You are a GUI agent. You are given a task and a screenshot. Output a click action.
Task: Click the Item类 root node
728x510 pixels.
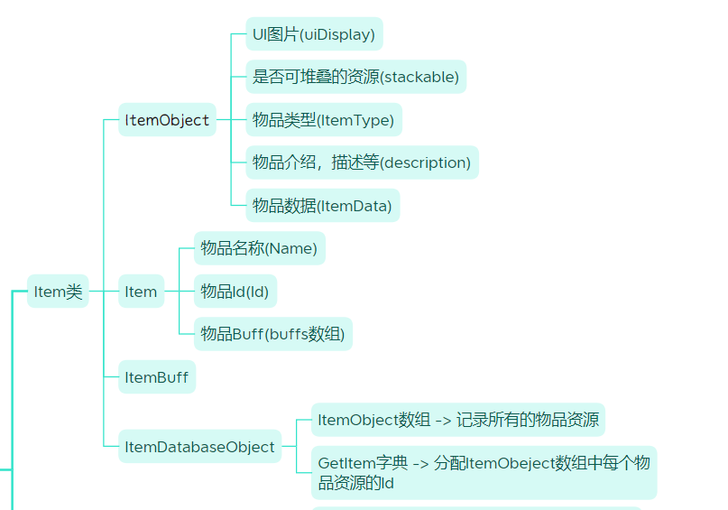pyautogui.click(x=58, y=292)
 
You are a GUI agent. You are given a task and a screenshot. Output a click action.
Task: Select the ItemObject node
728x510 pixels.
pyautogui.click(x=167, y=120)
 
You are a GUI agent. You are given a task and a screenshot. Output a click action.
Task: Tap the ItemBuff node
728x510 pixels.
pyautogui.click(x=157, y=377)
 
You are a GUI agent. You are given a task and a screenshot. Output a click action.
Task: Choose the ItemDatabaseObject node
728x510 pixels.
pyautogui.click(x=199, y=447)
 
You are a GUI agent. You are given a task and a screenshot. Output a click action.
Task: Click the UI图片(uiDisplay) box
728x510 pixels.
pyautogui.click(x=314, y=34)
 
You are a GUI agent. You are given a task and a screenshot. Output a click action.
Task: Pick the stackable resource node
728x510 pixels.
pyautogui.click(x=355, y=78)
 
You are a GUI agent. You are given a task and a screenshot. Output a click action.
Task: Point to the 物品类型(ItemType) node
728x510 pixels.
pyautogui.click(x=323, y=120)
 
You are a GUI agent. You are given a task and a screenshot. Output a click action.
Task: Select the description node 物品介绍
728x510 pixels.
pyautogui.click(x=362, y=163)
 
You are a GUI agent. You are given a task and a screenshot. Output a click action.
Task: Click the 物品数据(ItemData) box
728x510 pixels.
pyautogui.click(x=322, y=206)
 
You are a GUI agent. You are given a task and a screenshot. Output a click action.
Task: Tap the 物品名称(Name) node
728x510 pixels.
pyautogui.click(x=259, y=248)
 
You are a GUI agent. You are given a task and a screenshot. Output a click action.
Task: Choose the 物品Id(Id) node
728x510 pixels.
pyautogui.click(x=235, y=292)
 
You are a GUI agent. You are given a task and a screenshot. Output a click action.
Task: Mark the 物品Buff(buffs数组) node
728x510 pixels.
pyautogui.click(x=272, y=334)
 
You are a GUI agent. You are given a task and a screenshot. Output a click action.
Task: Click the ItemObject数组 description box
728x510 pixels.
pyautogui.click(x=457, y=420)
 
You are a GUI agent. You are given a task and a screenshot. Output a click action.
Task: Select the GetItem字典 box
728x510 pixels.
pyautogui.click(x=484, y=472)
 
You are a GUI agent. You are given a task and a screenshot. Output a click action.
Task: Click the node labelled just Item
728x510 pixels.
pyautogui.click(x=141, y=292)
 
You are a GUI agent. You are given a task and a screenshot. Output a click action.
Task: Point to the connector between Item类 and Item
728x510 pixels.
pyautogui.click(x=104, y=292)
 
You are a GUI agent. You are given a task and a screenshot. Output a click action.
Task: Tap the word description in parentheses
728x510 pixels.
pyautogui.click(x=426, y=163)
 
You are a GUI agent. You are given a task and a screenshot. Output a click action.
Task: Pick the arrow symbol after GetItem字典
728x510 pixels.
pyautogui.click(x=420, y=463)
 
